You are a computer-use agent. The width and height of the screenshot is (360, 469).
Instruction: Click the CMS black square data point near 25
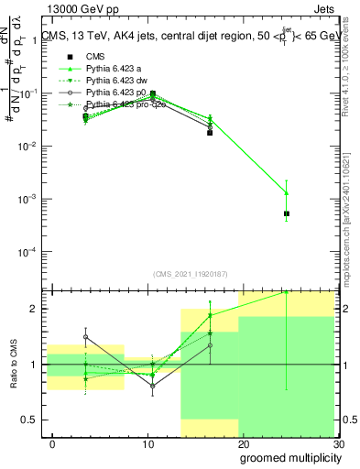point(287,213)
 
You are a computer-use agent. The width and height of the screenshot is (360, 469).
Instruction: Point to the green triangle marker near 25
point(287,192)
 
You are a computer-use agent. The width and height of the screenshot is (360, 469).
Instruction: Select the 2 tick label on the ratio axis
point(35,309)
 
